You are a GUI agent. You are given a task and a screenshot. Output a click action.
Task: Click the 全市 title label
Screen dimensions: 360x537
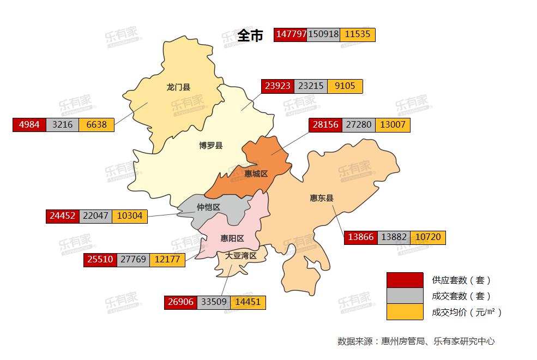(250, 35)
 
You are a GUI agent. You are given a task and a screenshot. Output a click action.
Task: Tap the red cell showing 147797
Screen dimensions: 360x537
(291, 34)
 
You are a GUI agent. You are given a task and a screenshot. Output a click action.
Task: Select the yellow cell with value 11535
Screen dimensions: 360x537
(358, 34)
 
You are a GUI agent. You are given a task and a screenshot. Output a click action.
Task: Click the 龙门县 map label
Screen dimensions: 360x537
(178, 87)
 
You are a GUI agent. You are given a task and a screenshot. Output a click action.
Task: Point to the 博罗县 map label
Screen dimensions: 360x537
(210, 146)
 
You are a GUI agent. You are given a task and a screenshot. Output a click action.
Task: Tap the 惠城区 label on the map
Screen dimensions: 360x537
(256, 173)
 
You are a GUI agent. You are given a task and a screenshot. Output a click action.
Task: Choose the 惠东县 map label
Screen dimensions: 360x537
(322, 198)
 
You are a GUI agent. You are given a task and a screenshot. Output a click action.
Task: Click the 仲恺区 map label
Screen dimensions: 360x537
(208, 207)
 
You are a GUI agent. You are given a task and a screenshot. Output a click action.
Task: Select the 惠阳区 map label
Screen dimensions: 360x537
(232, 238)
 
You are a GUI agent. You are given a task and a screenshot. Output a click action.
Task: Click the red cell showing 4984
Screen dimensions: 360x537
(29, 124)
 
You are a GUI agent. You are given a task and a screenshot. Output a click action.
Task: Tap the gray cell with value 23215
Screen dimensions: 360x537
(311, 86)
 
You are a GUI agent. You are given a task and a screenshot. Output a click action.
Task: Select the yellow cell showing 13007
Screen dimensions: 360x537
(393, 124)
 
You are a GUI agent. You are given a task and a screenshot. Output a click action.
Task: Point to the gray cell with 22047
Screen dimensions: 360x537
(95, 216)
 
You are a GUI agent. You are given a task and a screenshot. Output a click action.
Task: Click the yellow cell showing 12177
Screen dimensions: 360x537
(166, 260)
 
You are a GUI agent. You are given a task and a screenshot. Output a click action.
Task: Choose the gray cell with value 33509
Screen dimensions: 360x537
(214, 302)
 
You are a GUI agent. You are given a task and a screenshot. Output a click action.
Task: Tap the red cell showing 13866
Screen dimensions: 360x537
(361, 237)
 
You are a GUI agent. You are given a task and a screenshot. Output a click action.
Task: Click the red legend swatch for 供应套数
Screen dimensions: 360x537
(405, 280)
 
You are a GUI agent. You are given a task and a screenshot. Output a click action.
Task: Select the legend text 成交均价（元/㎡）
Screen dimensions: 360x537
(466, 313)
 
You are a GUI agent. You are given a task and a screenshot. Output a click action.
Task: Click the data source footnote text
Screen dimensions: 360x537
(416, 341)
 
